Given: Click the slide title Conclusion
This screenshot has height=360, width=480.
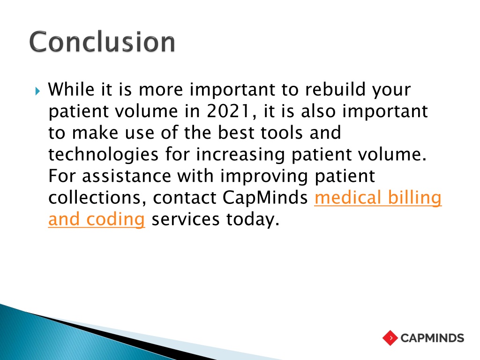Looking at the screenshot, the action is tap(102, 42).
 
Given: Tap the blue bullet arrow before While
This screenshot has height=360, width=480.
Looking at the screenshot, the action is tap(37, 91).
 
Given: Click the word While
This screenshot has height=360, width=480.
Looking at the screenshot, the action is tap(71, 90).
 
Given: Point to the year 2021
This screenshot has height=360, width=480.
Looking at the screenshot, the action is tap(228, 111).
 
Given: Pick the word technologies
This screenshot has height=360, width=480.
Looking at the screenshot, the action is tap(104, 155).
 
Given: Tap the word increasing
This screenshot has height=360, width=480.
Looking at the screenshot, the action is tap(240, 155).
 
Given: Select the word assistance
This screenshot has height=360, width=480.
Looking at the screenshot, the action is tap(127, 176).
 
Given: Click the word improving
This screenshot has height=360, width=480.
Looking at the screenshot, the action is tap(264, 177).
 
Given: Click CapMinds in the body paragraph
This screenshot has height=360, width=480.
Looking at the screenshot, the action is tap(265, 198).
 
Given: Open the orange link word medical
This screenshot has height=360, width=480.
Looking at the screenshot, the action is tap(348, 197).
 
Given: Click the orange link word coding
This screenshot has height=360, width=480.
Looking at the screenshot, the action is tap(115, 220).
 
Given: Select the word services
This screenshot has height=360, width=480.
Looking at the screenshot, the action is tap(186, 219).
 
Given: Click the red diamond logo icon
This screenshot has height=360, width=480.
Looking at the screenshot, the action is tap(390, 338).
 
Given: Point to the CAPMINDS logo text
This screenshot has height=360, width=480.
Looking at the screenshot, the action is tap(432, 338).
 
